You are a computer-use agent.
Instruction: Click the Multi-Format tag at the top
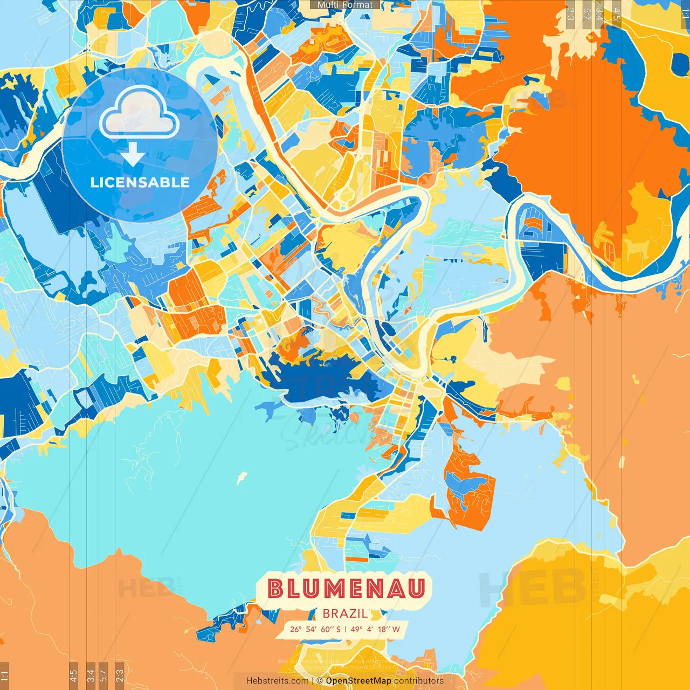click(x=345, y=5)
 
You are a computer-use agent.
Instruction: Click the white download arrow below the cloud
click(x=132, y=155)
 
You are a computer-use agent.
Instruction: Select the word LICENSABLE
click(x=140, y=182)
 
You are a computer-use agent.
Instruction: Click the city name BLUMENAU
click(x=347, y=589)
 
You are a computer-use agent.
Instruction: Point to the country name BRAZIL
click(x=345, y=613)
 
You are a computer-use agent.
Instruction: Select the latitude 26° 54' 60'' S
click(x=315, y=629)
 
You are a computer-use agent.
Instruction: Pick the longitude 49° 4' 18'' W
click(x=375, y=629)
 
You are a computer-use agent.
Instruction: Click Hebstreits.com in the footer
click(x=277, y=681)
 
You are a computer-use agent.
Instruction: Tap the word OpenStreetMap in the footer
click(x=358, y=681)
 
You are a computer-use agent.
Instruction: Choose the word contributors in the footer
click(x=419, y=681)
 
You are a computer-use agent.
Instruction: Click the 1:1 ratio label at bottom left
click(x=4, y=676)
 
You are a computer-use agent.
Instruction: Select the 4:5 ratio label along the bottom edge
click(x=74, y=675)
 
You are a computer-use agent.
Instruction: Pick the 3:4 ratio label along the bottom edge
click(x=91, y=675)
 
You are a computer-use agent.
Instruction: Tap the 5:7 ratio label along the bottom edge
click(x=103, y=675)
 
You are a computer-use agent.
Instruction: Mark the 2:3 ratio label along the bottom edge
click(x=120, y=675)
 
